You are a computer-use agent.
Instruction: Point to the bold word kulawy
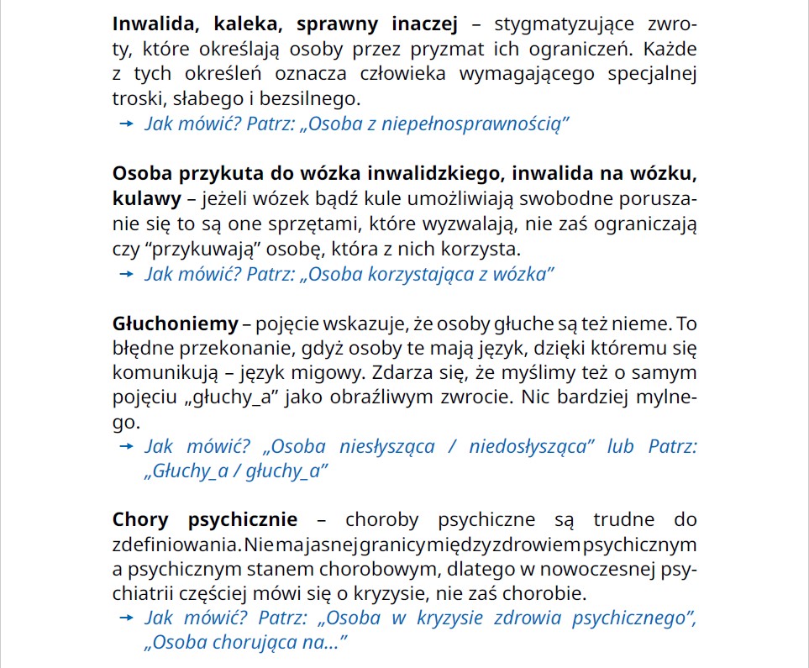[147, 199]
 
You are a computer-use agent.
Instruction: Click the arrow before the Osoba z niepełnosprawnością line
[127, 124]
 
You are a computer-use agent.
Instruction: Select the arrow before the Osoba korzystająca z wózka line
[127, 274]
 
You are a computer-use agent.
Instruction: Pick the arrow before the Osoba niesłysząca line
[127, 446]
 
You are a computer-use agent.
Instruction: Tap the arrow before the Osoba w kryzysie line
[127, 619]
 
